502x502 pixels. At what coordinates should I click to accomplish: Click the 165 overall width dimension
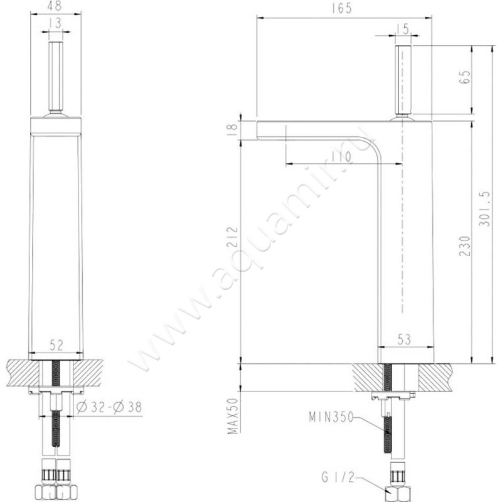pyautogui.click(x=341, y=8)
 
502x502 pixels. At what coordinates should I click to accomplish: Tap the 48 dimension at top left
pyautogui.click(x=55, y=6)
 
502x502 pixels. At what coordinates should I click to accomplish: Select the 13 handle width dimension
pyautogui.click(x=56, y=23)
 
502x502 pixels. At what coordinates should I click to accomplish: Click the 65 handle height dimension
pyautogui.click(x=466, y=77)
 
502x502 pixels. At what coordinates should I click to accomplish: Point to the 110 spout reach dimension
pyautogui.click(x=340, y=157)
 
